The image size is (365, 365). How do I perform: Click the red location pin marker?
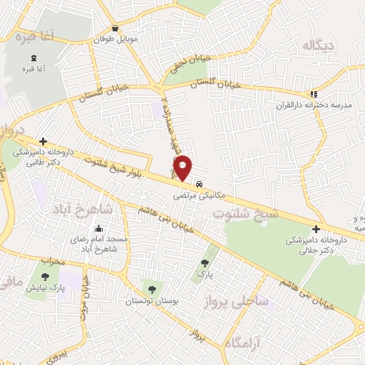[183, 167]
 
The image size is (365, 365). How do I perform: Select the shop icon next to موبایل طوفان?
[115, 29]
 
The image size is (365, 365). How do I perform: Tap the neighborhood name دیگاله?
[318, 46]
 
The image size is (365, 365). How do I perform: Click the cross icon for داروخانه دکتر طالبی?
[44, 141]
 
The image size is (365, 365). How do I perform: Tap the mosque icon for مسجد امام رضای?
[98, 230]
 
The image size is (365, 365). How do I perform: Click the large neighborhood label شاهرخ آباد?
[80, 210]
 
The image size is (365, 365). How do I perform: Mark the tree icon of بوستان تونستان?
[151, 289]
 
